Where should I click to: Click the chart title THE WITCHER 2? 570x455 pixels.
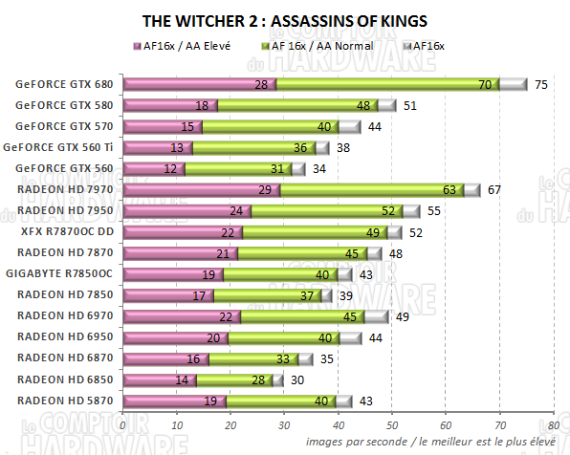[284, 19]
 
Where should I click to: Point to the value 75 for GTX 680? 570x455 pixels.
[541, 84]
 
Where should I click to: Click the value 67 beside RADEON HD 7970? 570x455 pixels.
[494, 190]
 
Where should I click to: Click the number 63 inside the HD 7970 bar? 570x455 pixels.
[449, 190]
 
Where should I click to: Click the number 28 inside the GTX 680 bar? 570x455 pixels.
[261, 84]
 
